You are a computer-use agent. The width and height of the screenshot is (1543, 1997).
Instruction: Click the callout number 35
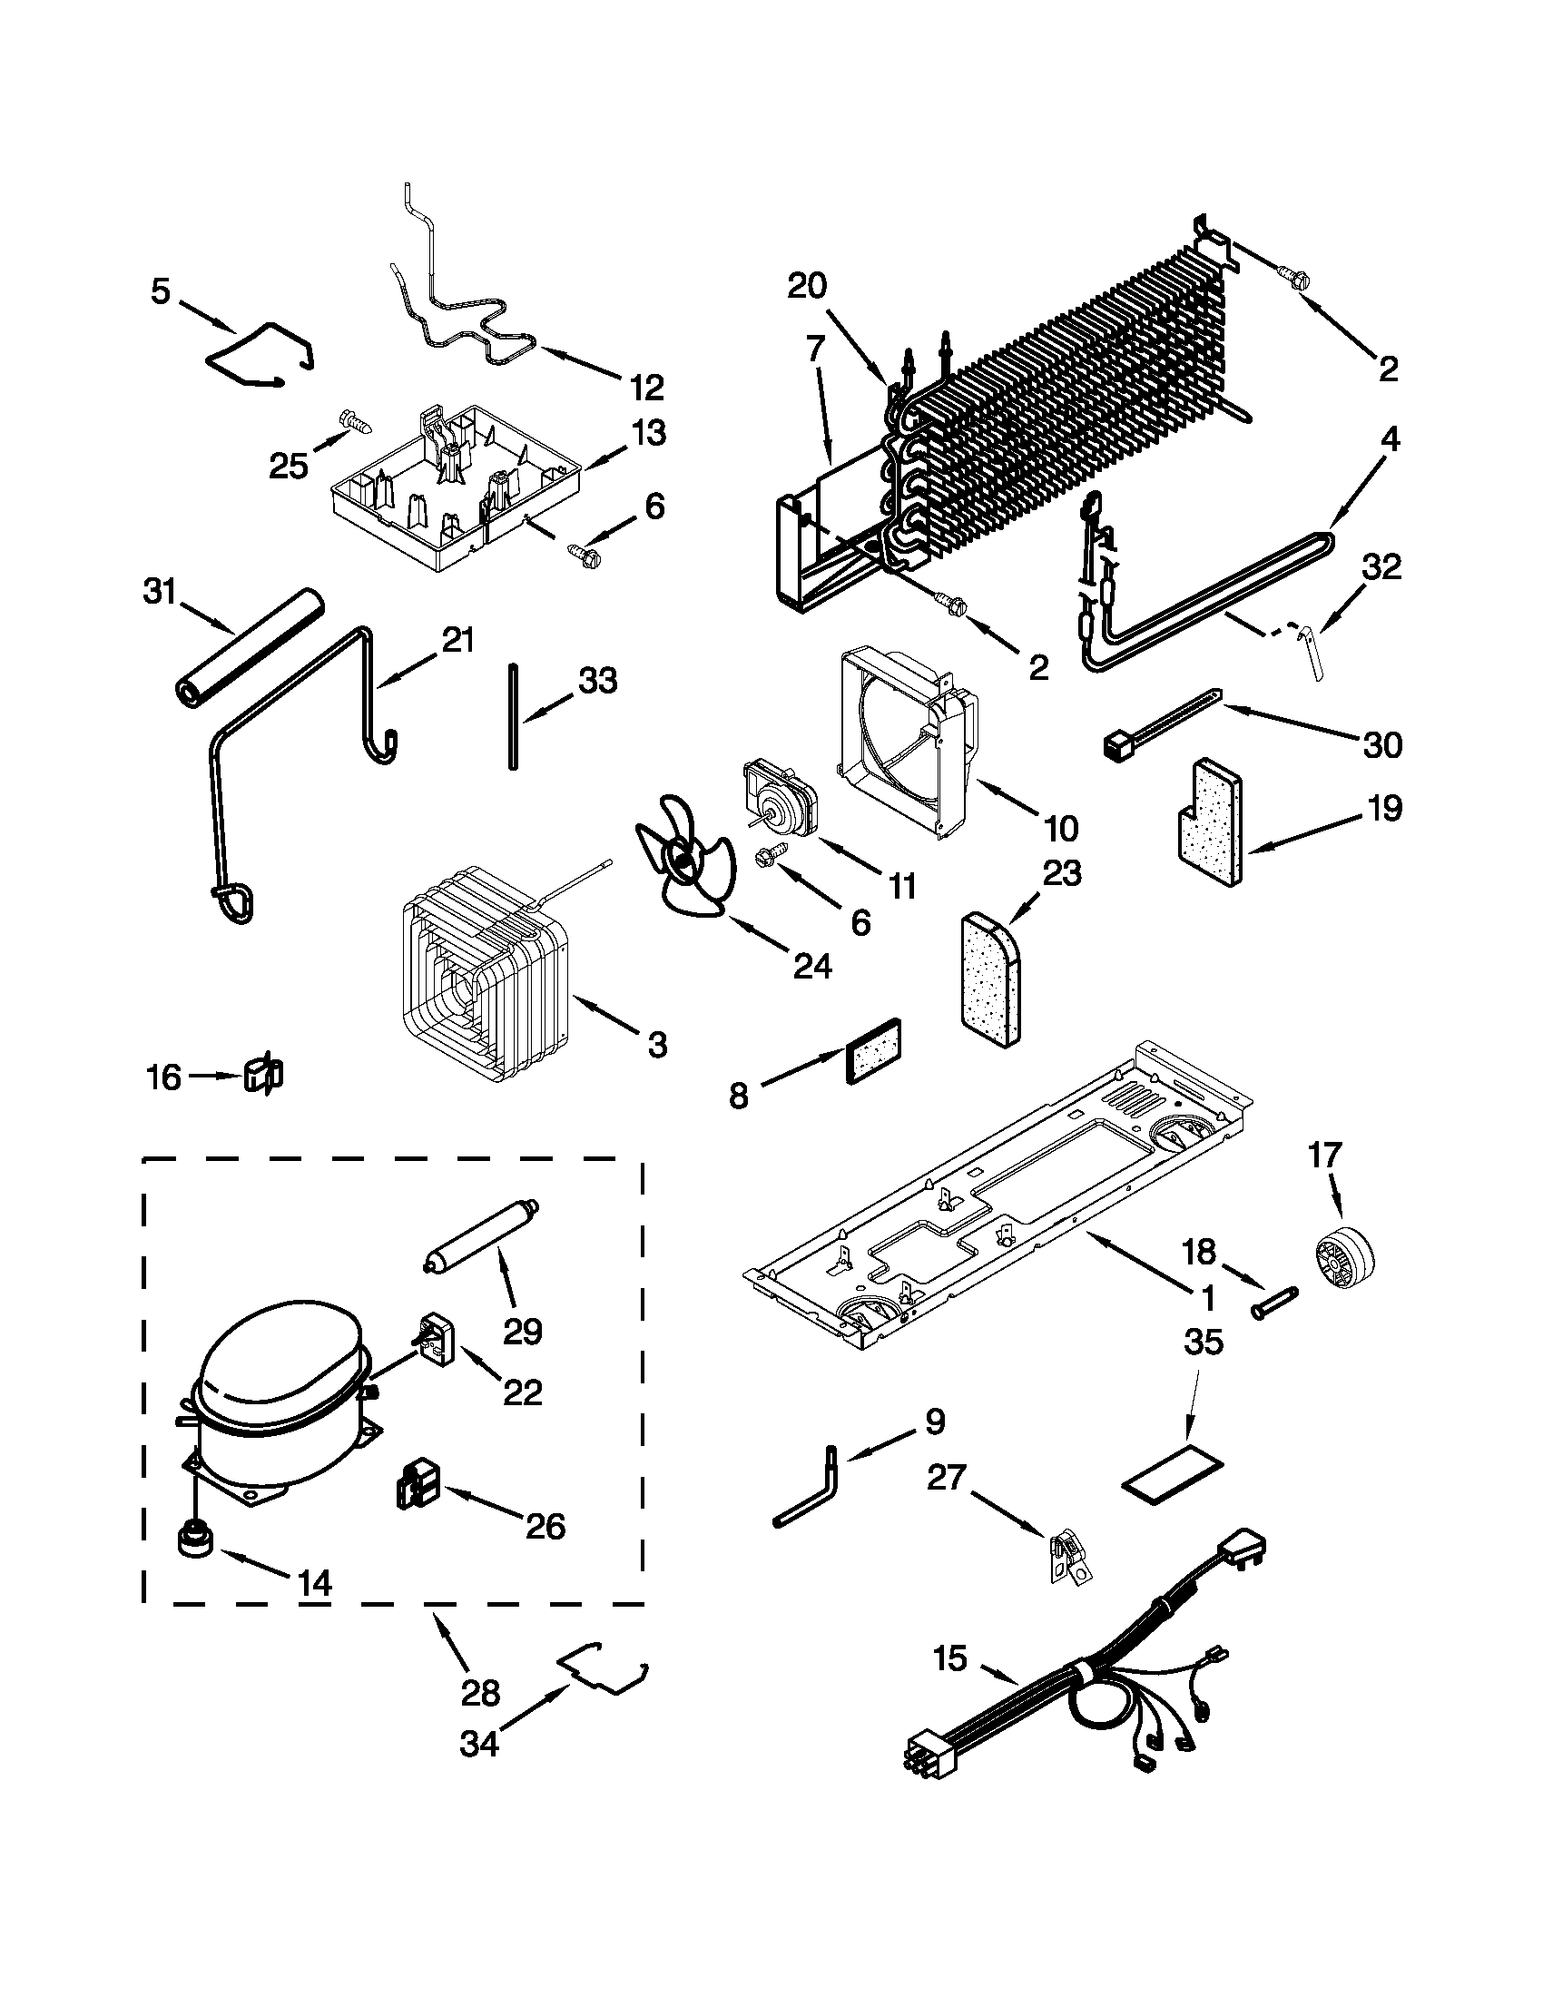pos(1203,1343)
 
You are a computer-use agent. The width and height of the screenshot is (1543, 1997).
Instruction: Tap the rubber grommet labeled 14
pos(198,1539)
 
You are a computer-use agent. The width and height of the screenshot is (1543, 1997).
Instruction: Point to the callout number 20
pos(807,286)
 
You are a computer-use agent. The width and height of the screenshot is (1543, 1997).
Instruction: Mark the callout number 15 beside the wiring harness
pos(950,1657)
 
